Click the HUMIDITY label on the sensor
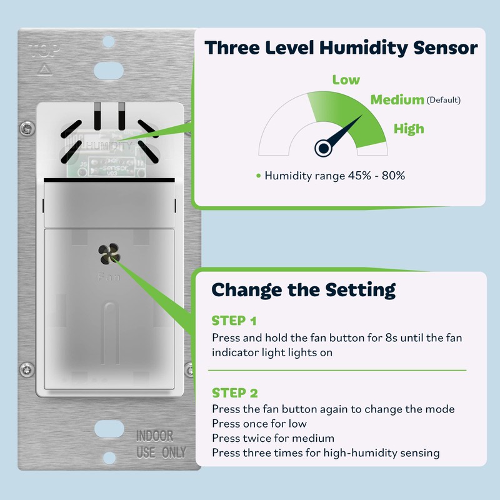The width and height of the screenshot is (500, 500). click(x=109, y=146)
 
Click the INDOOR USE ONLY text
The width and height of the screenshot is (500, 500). click(x=161, y=444)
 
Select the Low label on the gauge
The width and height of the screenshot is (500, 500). click(x=346, y=79)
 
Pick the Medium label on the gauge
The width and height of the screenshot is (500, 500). click(x=397, y=99)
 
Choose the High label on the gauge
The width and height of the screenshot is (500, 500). click(x=409, y=129)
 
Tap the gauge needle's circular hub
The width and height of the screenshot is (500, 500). click(x=323, y=147)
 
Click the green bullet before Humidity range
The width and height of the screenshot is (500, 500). click(x=258, y=176)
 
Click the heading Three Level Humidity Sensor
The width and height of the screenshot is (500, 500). click(x=341, y=48)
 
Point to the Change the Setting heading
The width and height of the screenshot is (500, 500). click(x=303, y=290)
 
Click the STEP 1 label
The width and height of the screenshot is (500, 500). click(x=234, y=321)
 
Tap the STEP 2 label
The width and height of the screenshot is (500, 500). click(x=234, y=393)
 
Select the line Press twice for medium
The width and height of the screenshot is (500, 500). click(x=273, y=438)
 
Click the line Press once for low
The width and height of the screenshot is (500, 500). click(x=268, y=424)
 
